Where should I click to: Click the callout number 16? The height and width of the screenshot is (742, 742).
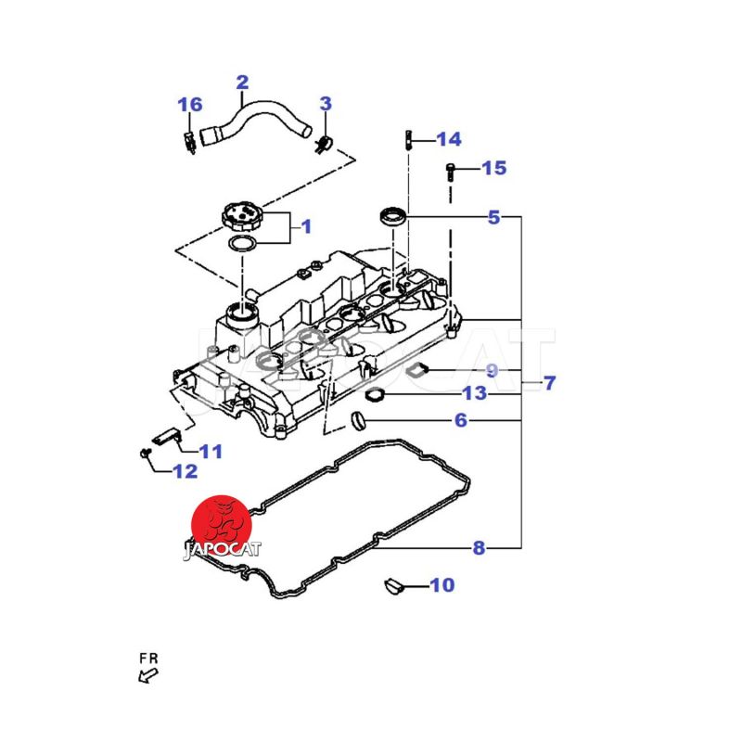click(x=189, y=104)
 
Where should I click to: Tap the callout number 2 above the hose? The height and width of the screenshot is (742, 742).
click(x=242, y=82)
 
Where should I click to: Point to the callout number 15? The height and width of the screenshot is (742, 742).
click(x=494, y=168)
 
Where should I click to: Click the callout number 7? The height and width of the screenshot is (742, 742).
click(x=549, y=381)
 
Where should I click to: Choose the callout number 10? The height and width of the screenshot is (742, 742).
click(x=442, y=585)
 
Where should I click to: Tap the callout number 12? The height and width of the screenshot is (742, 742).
click(x=185, y=471)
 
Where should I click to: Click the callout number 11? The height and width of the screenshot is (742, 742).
click(x=211, y=452)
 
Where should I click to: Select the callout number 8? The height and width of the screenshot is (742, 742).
click(x=479, y=548)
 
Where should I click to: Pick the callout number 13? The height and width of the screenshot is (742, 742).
click(x=474, y=394)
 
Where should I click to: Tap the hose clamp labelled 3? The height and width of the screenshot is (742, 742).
click(x=323, y=142)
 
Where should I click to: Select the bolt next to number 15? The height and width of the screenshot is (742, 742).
click(x=451, y=172)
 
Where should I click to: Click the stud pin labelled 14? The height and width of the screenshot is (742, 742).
click(x=407, y=140)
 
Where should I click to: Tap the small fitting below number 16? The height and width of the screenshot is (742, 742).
click(x=189, y=141)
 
